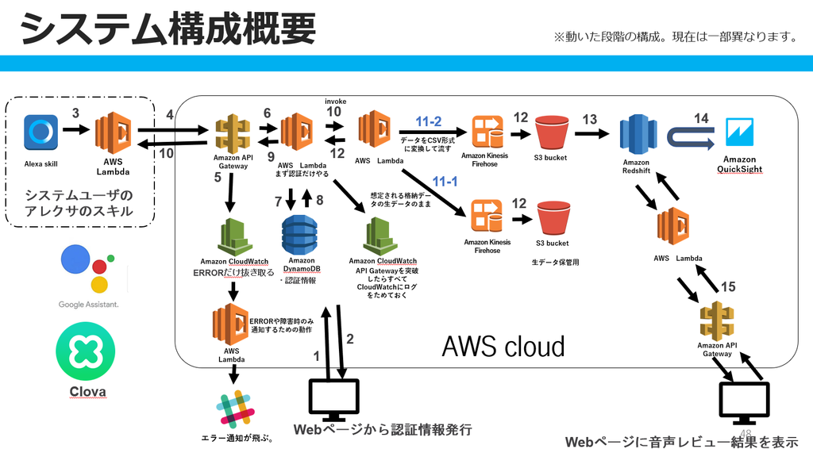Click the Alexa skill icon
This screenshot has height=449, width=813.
pyautogui.click(x=41, y=132)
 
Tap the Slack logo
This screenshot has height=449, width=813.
pyautogui.click(x=236, y=409)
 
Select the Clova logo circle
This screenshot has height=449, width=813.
pyautogui.click(x=86, y=351)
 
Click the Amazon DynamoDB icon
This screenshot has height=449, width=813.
pyautogui.click(x=299, y=235)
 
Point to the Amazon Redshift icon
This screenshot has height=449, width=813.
pyautogui.click(x=638, y=135)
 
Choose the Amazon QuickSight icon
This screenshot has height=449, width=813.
pyautogui.click(x=740, y=132)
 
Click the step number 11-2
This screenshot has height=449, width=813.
pyautogui.click(x=428, y=121)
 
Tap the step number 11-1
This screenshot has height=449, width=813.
pyautogui.click(x=445, y=181)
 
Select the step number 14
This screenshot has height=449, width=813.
pyautogui.click(x=701, y=118)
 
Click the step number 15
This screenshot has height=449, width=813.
pyautogui.click(x=728, y=286)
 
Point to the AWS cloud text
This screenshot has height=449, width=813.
pyautogui.click(x=503, y=347)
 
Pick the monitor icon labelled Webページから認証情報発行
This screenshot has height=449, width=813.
pyautogui.click(x=334, y=400)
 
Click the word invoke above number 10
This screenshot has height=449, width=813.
pyautogui.click(x=336, y=102)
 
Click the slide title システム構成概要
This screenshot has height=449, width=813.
pyautogui.click(x=168, y=29)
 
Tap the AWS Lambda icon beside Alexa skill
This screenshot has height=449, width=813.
pyautogui.click(x=113, y=132)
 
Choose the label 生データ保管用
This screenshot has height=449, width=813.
pyautogui.click(x=555, y=262)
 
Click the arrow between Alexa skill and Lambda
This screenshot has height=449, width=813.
pyautogui.click(x=76, y=129)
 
